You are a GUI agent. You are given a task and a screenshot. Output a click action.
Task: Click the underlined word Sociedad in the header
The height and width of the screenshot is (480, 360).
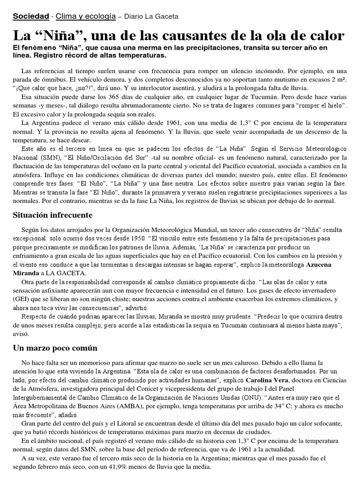coord(30,16)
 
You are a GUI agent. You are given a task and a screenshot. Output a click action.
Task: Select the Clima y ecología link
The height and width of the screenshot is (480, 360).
coord(86,16)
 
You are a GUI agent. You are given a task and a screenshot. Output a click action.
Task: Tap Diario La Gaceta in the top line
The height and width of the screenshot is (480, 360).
coord(150,16)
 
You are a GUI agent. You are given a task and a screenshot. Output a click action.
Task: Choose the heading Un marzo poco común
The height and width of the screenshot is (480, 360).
coord(55,348)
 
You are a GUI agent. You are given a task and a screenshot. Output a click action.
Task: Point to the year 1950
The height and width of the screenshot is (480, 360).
coord(136,238)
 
